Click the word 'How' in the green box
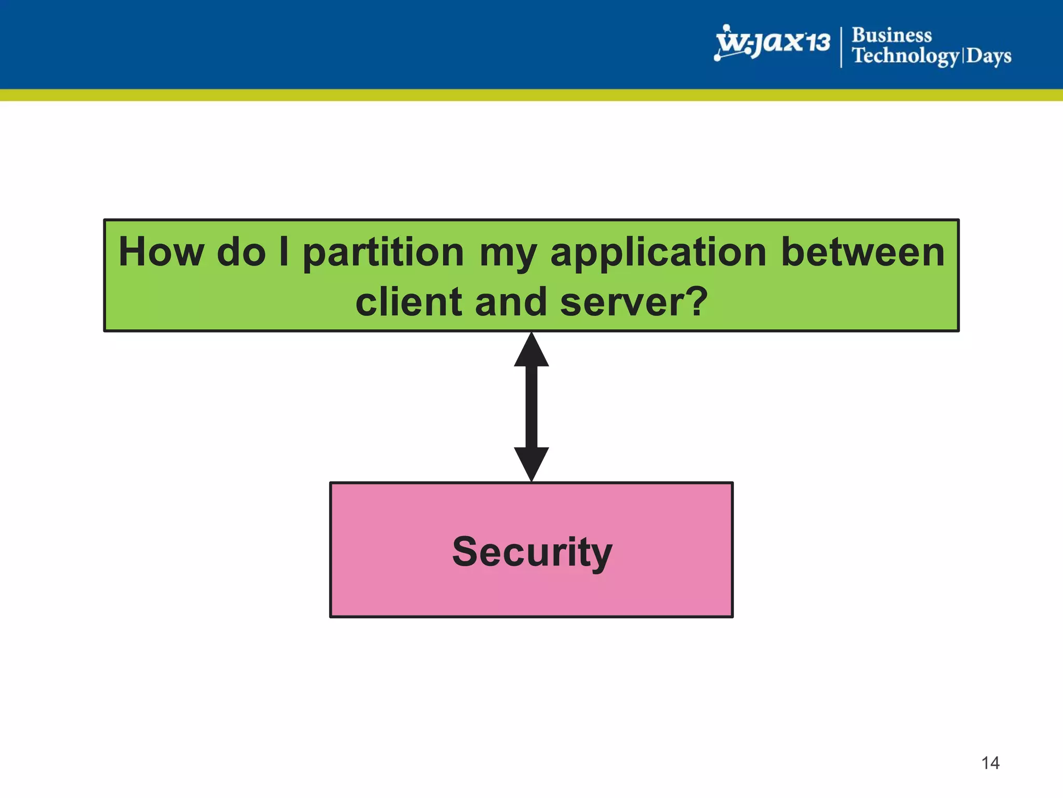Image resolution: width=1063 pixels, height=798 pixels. coord(161,252)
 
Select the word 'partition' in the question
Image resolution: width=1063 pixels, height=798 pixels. coord(383,252)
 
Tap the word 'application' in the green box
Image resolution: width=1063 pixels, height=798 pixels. coord(658,252)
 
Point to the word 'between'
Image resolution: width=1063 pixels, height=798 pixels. coord(862,252)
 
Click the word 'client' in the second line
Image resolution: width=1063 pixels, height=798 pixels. coord(408,302)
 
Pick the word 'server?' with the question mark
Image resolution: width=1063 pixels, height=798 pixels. coord(634,302)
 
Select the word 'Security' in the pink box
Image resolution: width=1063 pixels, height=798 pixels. coord(531,552)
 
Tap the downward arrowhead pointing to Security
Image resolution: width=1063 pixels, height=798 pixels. coord(531,462)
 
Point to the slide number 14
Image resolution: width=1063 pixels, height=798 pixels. coord(990,763)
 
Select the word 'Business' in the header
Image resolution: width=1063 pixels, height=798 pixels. coord(891,35)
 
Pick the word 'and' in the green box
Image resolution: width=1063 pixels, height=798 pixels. coord(511,302)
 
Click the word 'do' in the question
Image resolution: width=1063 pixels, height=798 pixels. coord(241,252)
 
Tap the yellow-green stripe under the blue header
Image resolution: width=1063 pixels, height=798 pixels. coord(531,95)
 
